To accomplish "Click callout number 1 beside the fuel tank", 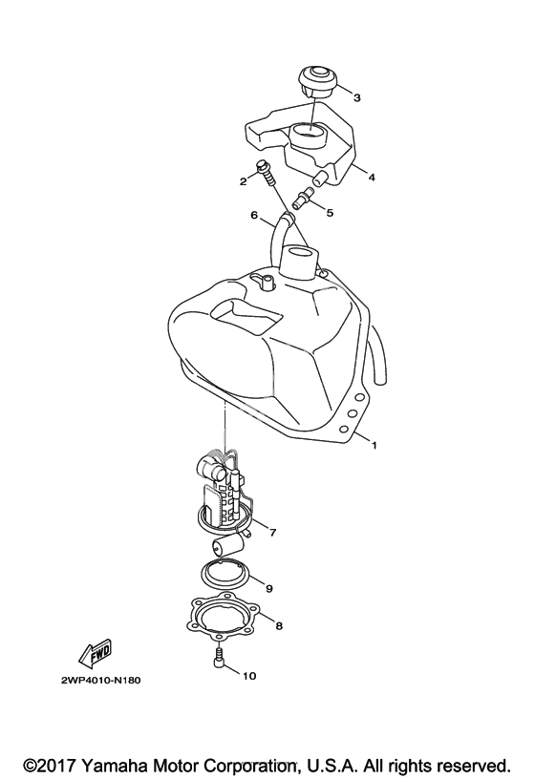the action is [x=374, y=446].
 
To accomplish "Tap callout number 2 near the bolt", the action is [x=243, y=181].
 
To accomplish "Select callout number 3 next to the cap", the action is [x=357, y=98].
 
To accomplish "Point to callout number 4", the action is [x=372, y=177].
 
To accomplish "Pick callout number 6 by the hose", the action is [x=254, y=215].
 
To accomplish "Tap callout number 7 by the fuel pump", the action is [x=272, y=533].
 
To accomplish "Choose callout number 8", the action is [x=279, y=626].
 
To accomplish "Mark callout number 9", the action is [x=269, y=589].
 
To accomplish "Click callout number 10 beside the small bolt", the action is [x=249, y=676].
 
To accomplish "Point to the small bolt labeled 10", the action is [x=219, y=660].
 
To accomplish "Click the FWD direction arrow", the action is [x=96, y=652].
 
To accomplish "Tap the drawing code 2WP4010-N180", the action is [x=101, y=680].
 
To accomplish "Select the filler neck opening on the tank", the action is [x=298, y=253].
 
